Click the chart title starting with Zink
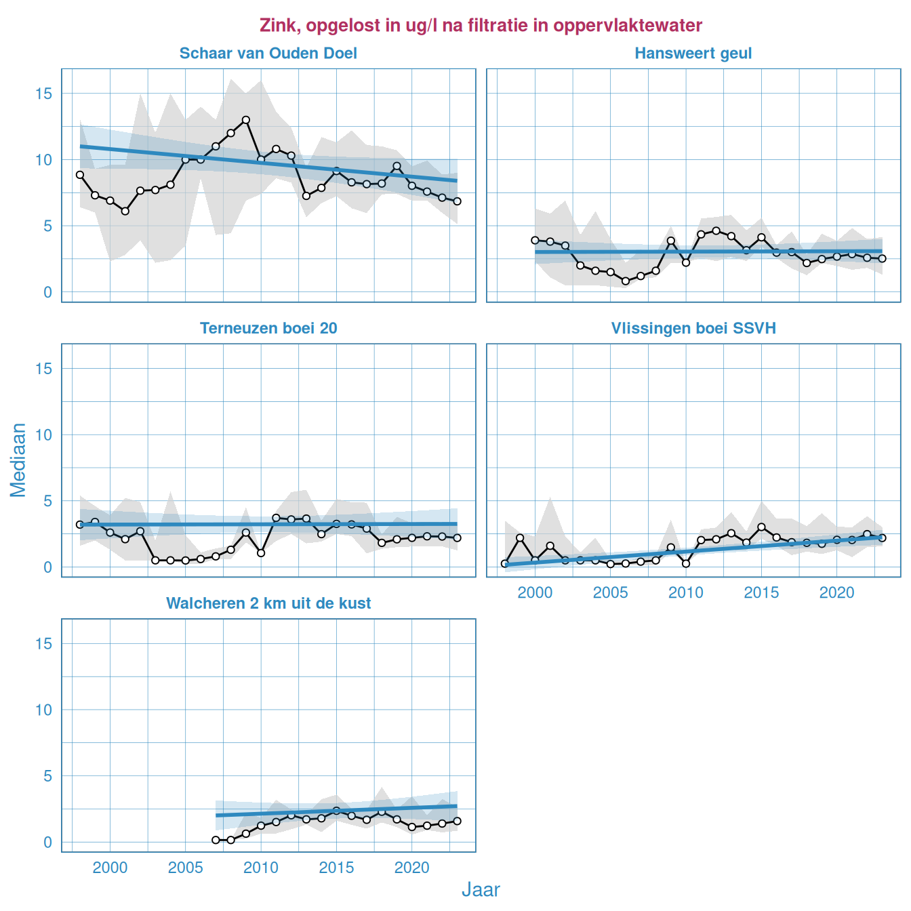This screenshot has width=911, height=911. tap(481, 26)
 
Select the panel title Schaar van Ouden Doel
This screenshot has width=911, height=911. tap(268, 54)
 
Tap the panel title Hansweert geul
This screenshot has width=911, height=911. tap(693, 54)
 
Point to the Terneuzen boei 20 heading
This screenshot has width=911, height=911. tap(268, 329)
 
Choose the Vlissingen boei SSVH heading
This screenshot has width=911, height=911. tap(693, 329)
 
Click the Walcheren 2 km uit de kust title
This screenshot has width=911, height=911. tap(268, 604)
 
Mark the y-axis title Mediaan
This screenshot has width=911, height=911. tap(18, 460)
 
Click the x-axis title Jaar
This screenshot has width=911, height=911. tap(481, 890)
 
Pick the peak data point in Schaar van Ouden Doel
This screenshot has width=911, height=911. tap(246, 120)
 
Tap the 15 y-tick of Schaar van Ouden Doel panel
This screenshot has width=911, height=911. tap(43, 94)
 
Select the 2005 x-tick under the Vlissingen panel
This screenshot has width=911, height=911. tap(610, 593)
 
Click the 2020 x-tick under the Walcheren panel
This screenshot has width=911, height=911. tap(411, 868)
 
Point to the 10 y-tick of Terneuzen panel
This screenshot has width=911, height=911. tap(43, 435)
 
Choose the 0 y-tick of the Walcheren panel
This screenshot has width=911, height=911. tap(47, 843)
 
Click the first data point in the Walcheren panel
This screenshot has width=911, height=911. tap(216, 840)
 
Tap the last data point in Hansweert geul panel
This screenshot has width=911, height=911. tap(882, 258)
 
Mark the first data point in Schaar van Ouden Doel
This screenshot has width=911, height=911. tap(80, 175)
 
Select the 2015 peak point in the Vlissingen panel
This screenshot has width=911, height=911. tap(761, 527)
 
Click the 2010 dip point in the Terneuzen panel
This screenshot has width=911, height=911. tap(261, 553)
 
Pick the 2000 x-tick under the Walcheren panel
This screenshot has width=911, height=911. tap(110, 868)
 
